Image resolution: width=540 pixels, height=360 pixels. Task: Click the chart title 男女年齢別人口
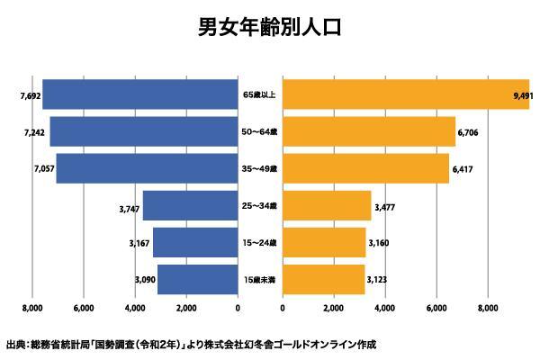[270, 27]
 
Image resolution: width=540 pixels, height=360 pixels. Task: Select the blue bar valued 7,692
[139, 94]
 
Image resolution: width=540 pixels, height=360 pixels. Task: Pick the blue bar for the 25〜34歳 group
[190, 206]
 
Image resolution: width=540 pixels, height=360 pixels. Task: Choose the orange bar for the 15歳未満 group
[323, 280]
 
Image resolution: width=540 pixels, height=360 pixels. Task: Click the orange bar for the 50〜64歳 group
[369, 131]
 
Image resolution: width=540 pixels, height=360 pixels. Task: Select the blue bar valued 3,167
[195, 243]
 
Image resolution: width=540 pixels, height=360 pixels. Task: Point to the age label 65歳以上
[260, 94]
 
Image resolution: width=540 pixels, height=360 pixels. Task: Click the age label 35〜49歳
[260, 169]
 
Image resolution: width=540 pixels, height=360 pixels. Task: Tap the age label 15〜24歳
[260, 243]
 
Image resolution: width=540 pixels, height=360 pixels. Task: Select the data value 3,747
[128, 208]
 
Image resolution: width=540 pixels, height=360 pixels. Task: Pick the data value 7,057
[42, 169]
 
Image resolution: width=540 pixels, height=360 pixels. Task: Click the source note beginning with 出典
[190, 344]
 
